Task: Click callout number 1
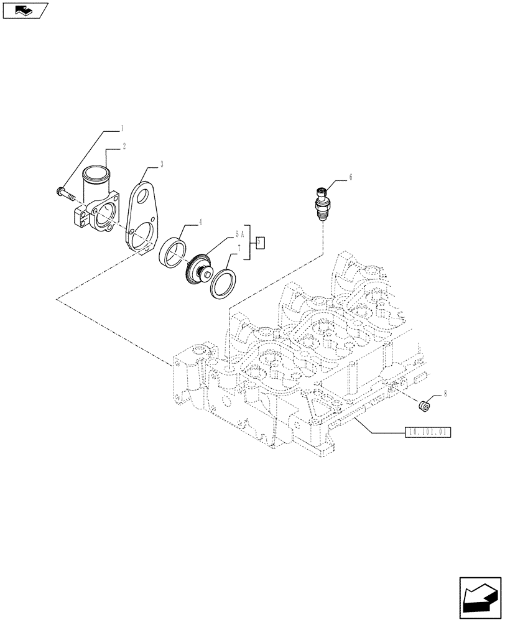click(122, 129)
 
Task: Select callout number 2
click(124, 146)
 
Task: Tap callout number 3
click(162, 164)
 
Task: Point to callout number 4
click(200, 221)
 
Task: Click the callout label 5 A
click(239, 234)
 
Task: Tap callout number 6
click(350, 177)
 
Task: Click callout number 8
click(444, 394)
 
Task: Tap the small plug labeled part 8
click(424, 407)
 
